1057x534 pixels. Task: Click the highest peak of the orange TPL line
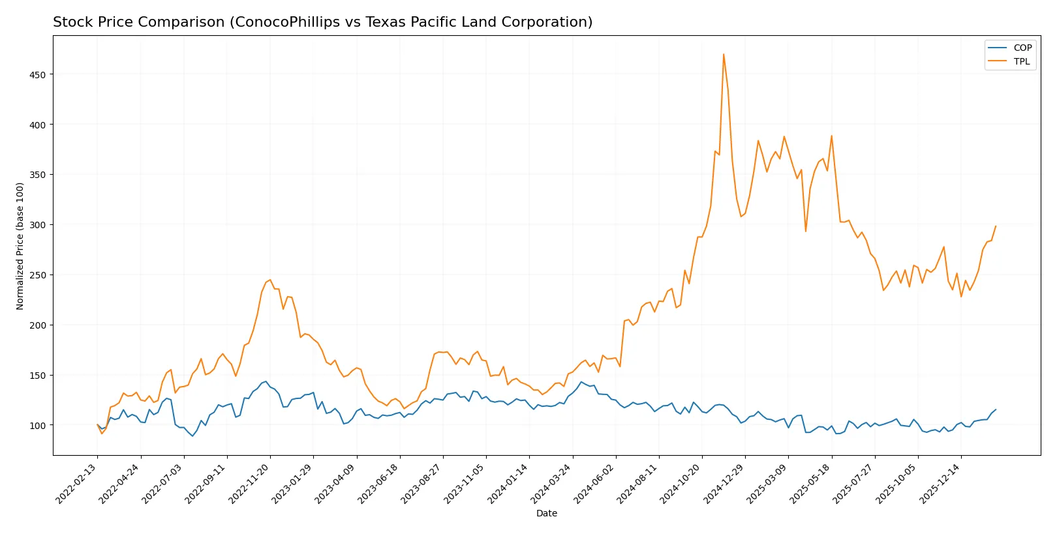(x=724, y=54)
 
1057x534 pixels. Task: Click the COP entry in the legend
(x=1022, y=48)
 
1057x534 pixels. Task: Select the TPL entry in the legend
(x=1022, y=61)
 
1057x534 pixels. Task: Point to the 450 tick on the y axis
(x=38, y=75)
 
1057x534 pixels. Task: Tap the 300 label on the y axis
(x=38, y=225)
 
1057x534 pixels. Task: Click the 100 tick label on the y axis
(x=38, y=425)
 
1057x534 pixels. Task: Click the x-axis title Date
(x=546, y=513)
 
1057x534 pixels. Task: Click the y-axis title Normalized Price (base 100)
(x=20, y=246)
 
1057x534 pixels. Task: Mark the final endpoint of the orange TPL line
(x=996, y=226)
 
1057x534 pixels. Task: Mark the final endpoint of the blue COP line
(x=996, y=409)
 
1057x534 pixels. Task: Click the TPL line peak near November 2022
(x=270, y=280)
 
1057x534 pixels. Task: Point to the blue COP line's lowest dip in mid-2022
(x=192, y=436)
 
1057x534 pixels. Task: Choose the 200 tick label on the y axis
(x=38, y=325)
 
